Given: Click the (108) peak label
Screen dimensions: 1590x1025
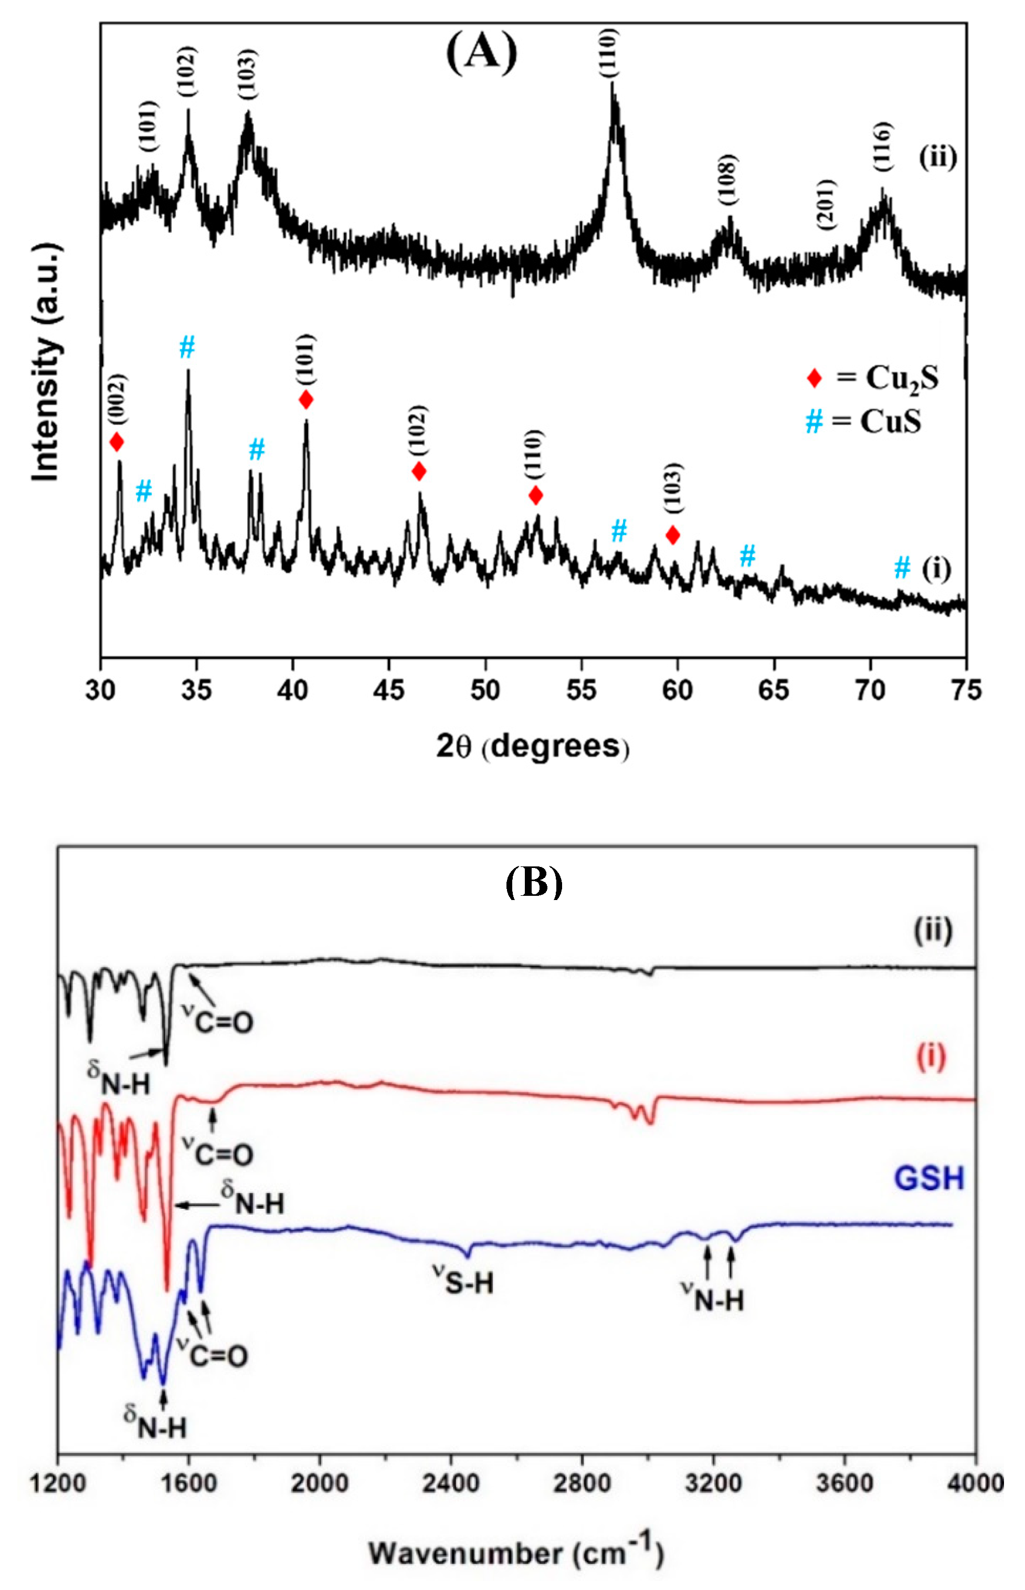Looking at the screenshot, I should [728, 179].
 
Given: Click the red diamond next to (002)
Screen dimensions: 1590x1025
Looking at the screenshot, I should [117, 442].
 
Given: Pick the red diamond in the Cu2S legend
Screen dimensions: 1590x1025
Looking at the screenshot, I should [814, 379].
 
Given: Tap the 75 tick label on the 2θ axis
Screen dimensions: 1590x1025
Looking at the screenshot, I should [966, 691].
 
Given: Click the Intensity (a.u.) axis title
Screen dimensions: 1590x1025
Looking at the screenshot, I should [47, 363].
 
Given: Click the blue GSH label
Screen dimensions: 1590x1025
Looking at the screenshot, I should [928, 1178].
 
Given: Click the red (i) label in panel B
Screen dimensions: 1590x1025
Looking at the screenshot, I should [931, 1058].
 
